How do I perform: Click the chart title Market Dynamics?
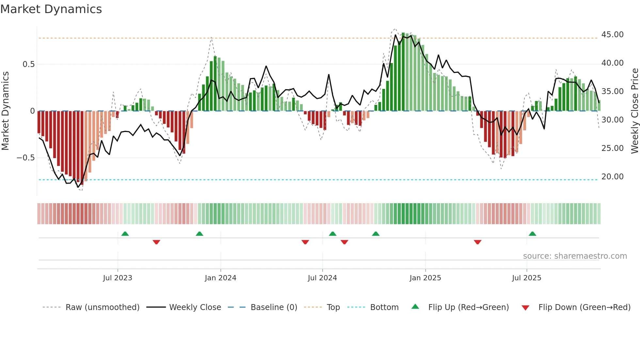[x=51, y=9]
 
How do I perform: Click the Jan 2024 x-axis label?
[x=220, y=278]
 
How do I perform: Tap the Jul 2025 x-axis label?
[x=526, y=278]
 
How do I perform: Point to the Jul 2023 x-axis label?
[x=118, y=278]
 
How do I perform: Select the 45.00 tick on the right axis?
[x=612, y=35]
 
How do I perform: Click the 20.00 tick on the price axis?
[x=612, y=177]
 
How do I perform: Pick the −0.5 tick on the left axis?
[x=26, y=158]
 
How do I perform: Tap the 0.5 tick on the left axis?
[x=28, y=64]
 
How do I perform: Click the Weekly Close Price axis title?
[x=634, y=111]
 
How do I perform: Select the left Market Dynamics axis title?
[x=5, y=111]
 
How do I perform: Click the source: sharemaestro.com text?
[x=575, y=256]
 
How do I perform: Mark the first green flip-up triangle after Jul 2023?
[x=125, y=234]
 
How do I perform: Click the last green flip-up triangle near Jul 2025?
[x=532, y=234]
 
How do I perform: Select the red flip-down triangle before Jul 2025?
[x=477, y=242]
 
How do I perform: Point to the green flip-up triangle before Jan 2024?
[x=200, y=234]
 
